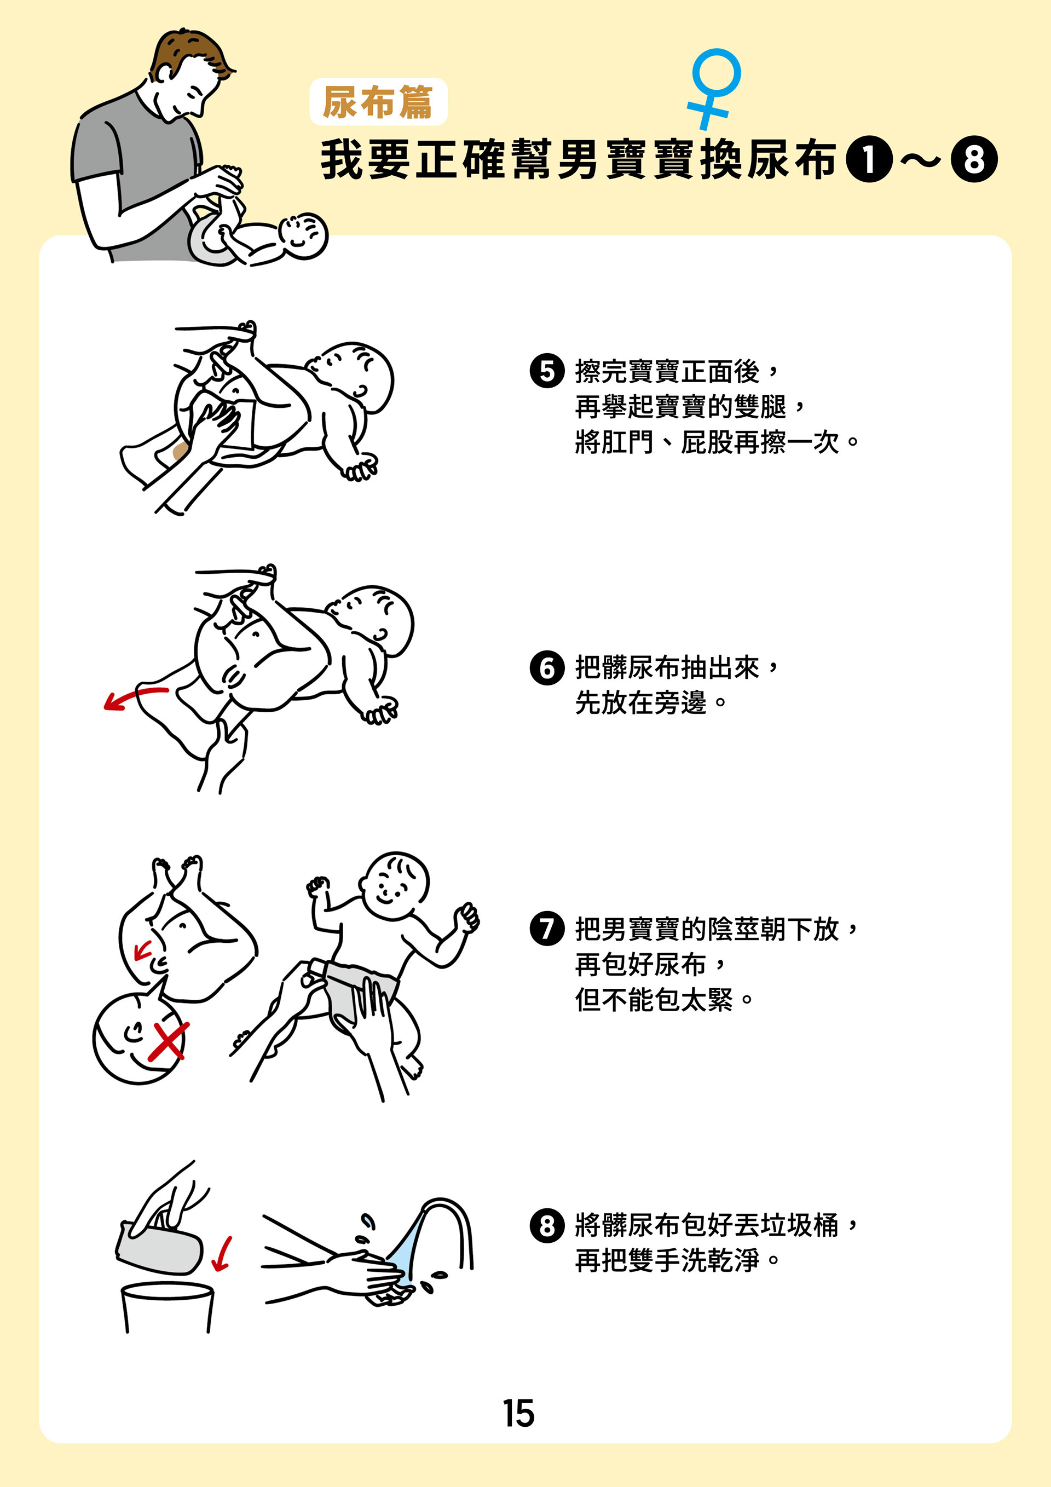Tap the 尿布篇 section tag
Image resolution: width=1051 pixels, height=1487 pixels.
pyautogui.click(x=378, y=102)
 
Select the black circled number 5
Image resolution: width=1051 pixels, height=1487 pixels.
pyautogui.click(x=547, y=371)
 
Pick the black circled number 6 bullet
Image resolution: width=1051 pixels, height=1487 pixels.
pyautogui.click(x=547, y=668)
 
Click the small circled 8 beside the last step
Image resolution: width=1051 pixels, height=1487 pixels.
pyautogui.click(x=547, y=1225)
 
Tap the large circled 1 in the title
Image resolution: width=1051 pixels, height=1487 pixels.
pyautogui.click(x=869, y=159)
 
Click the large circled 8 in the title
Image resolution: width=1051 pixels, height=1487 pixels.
pyautogui.click(x=974, y=159)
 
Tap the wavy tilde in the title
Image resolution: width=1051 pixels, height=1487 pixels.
pyautogui.click(x=921, y=159)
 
